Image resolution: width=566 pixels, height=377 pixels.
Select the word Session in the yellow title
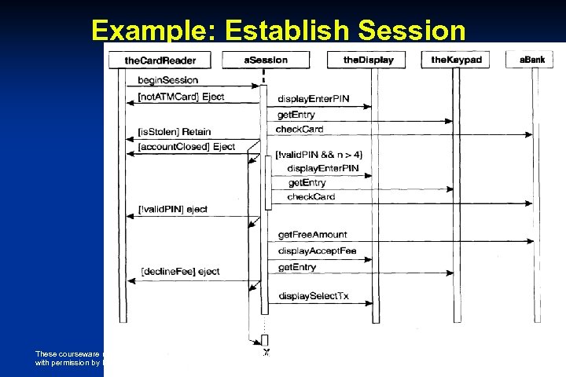[421, 29]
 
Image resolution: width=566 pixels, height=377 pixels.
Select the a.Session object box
[266, 60]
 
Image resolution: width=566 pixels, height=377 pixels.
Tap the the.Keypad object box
[456, 60]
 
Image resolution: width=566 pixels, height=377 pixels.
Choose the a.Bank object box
[535, 60]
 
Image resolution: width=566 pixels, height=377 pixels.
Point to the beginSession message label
[167, 80]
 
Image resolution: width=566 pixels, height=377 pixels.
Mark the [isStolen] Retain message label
[174, 131]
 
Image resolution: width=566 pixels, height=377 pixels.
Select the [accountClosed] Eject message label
[186, 147]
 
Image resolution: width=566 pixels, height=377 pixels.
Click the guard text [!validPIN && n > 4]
[318, 154]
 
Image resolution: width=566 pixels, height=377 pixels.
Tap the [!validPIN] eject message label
[173, 209]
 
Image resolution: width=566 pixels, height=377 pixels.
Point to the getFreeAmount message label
[312, 234]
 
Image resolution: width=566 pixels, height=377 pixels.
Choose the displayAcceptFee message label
[317, 251]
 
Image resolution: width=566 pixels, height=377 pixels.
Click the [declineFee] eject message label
[180, 271]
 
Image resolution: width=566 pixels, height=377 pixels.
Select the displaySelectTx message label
[313, 296]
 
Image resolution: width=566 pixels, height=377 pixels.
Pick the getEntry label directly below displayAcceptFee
[296, 267]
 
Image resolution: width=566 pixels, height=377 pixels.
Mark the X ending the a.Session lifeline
[267, 351]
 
